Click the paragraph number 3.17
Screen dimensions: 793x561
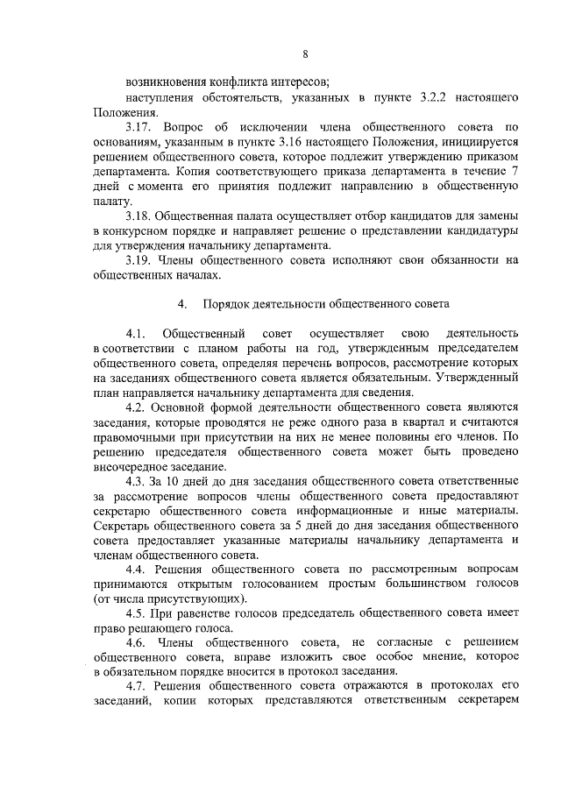[x=140, y=127]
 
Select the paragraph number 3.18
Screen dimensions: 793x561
[x=140, y=216]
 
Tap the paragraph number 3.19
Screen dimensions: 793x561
[x=140, y=260]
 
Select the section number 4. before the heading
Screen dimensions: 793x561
[x=182, y=304]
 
